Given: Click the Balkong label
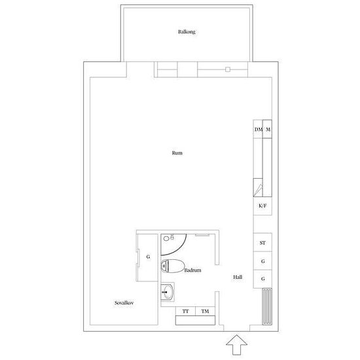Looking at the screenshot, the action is pos(187,31).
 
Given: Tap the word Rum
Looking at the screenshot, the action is pos(177,153).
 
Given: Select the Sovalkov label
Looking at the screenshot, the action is pos(124,303).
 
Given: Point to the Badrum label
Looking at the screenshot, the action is pos(192,270).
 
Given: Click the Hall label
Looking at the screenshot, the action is pos(238,277).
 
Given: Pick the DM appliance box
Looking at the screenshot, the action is pos(258,129).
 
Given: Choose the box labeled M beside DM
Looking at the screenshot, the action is pos(268,129).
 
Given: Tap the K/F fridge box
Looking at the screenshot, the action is pos(262,206).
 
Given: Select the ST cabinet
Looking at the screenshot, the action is pos(262,243).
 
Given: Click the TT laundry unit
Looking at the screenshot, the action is pos(185,311).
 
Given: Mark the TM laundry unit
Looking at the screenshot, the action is pos(206,311).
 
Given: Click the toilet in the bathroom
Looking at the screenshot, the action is pos(173,266).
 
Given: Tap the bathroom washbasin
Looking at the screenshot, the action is pos(168,292).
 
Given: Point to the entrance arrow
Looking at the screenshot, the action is pos(236,345).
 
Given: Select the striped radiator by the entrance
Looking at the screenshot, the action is pos(267,306).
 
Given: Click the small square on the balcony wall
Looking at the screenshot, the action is pos(228,69).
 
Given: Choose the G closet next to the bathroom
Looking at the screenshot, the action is pos(147,257).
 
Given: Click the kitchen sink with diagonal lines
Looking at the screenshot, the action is pos(258,188).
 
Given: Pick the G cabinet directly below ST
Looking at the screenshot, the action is pos(262,261).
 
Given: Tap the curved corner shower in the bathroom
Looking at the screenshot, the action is pos(173,245).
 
